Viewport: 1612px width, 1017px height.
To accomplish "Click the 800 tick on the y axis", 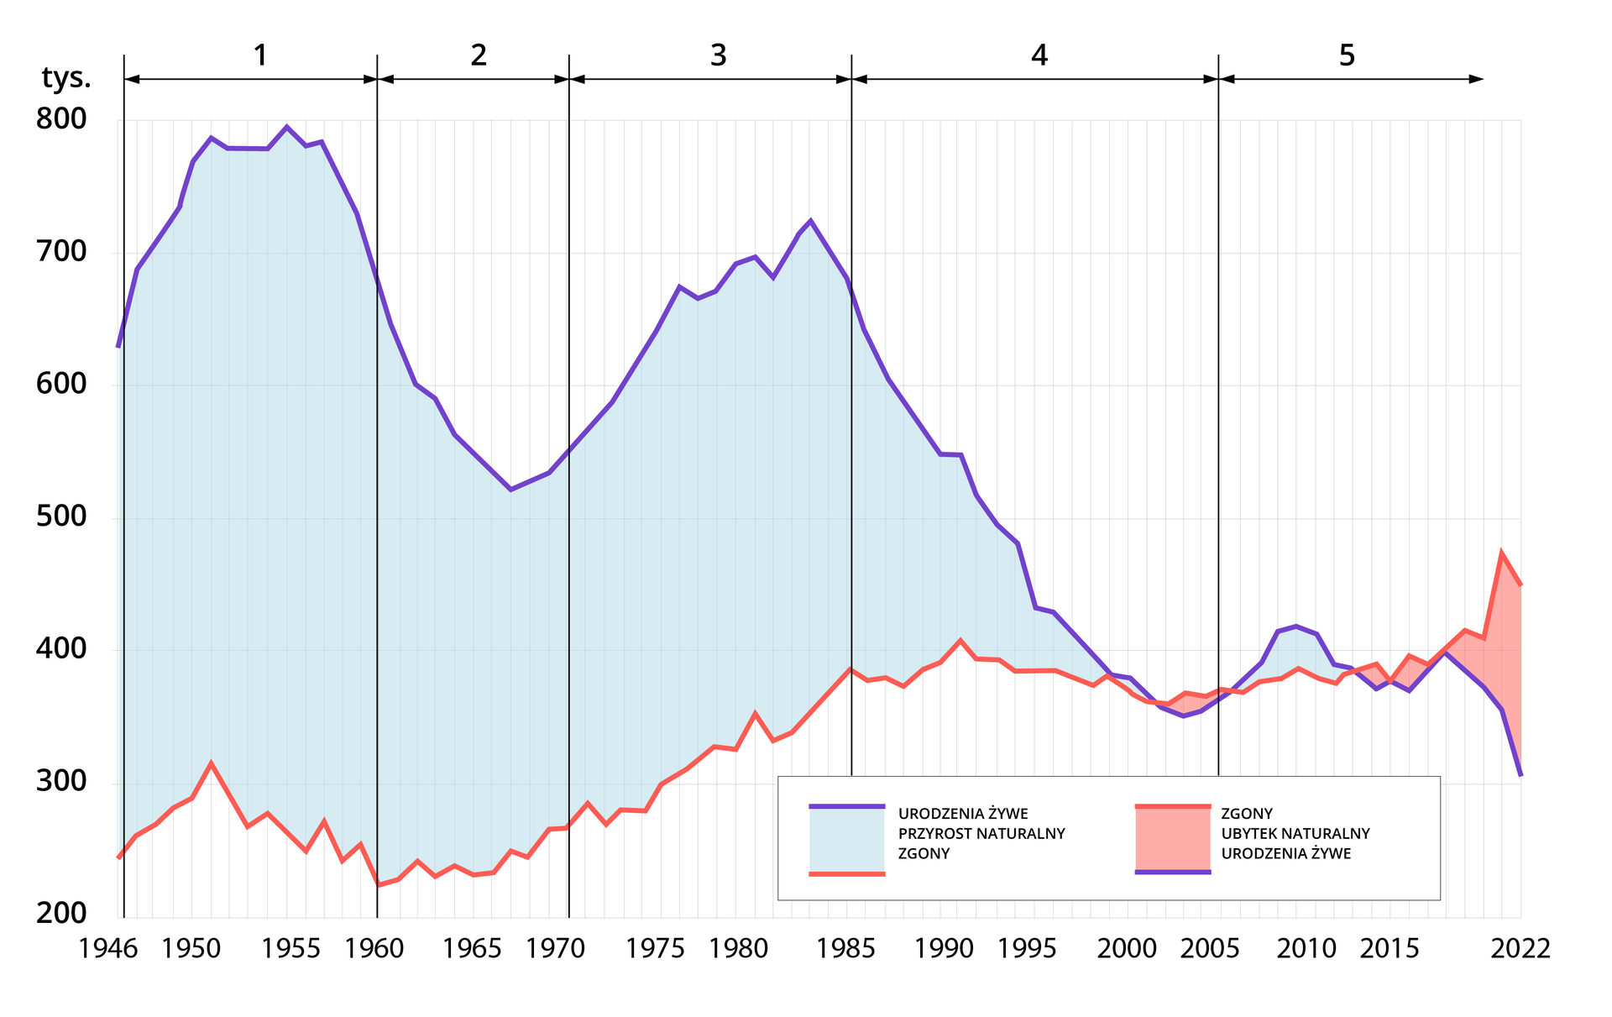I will [61, 119].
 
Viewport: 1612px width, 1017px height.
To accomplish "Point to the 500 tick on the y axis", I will [61, 516].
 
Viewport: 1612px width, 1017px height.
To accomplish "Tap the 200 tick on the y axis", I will [61, 913].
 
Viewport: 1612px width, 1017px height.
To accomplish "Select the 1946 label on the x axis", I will [108, 949].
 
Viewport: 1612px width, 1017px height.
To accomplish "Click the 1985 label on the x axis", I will [845, 949].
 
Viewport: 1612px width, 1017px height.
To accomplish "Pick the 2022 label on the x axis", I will [1520, 949].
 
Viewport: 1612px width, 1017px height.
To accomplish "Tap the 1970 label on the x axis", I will [555, 949].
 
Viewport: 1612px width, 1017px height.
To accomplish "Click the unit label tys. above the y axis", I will [66, 78].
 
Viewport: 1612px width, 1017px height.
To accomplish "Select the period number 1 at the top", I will [260, 55].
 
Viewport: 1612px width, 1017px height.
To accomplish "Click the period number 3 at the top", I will [718, 55].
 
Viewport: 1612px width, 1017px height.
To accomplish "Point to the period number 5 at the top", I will [1347, 55].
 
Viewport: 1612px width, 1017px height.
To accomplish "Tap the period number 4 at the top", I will [1039, 55].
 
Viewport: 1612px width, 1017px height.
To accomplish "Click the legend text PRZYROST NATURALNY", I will [981, 834].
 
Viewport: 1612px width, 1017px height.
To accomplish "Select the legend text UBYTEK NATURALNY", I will [1295, 834].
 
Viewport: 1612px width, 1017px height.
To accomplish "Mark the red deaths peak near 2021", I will [1501, 553].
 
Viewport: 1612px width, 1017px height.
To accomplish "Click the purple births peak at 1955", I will [286, 127].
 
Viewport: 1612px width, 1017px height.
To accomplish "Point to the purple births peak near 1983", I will [810, 221].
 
